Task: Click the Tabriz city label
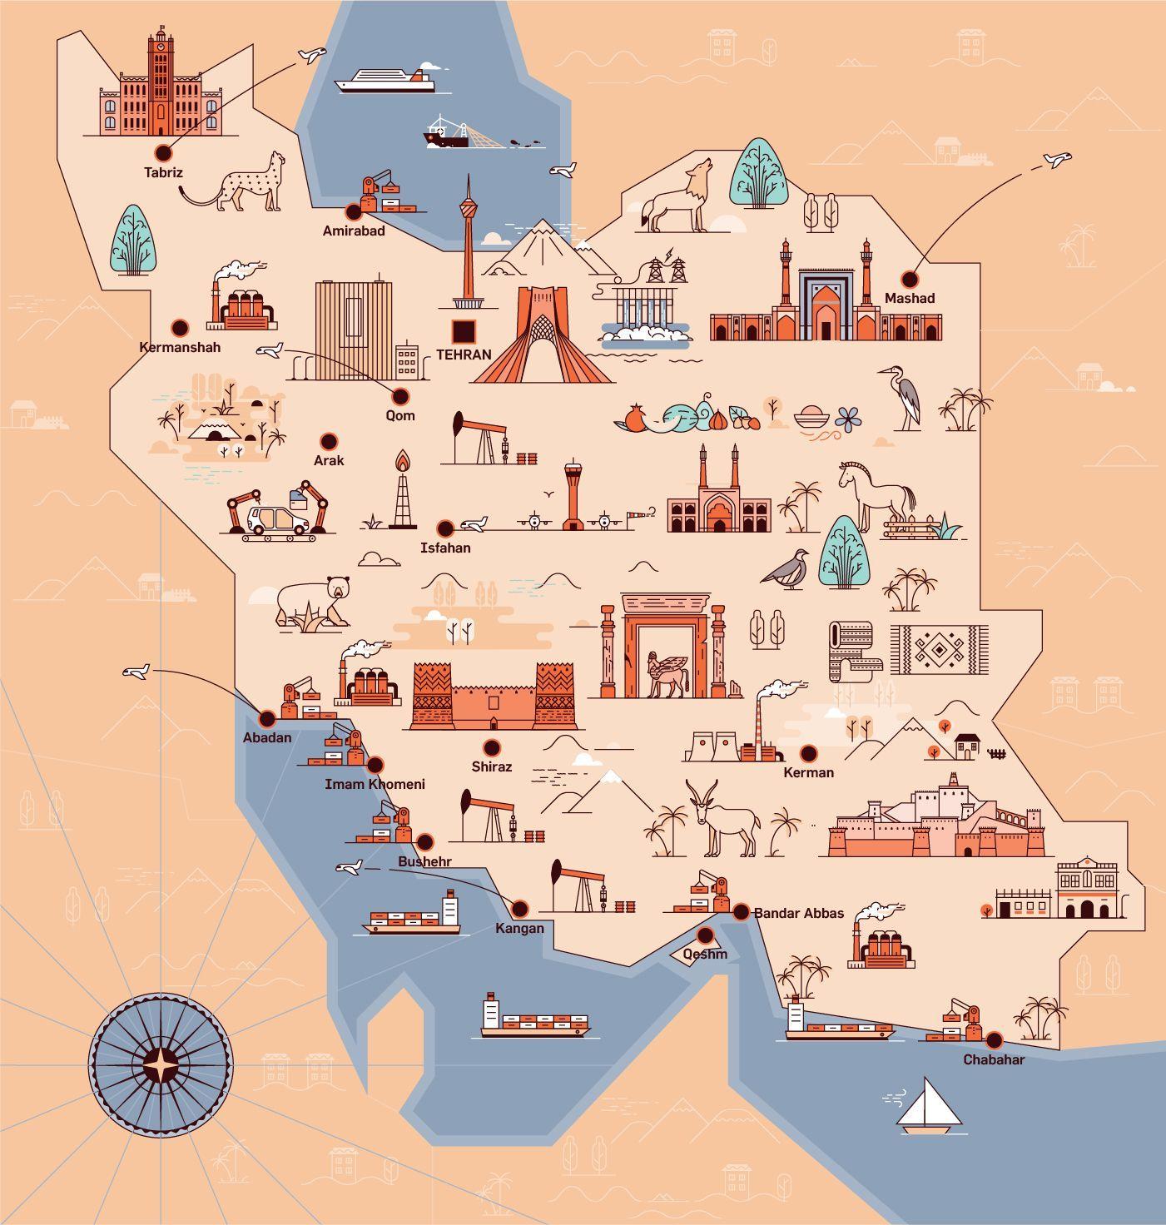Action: coord(163,173)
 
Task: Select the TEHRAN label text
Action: coord(464,355)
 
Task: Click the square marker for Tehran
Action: coord(464,331)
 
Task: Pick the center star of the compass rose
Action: coord(159,1064)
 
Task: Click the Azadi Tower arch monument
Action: coord(542,337)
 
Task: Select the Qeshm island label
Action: coord(705,954)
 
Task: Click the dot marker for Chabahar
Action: coord(994,1039)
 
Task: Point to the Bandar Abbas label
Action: coord(798,913)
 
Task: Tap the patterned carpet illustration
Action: coord(938,651)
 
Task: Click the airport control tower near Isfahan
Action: coord(572,496)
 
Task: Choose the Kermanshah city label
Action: coord(180,347)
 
